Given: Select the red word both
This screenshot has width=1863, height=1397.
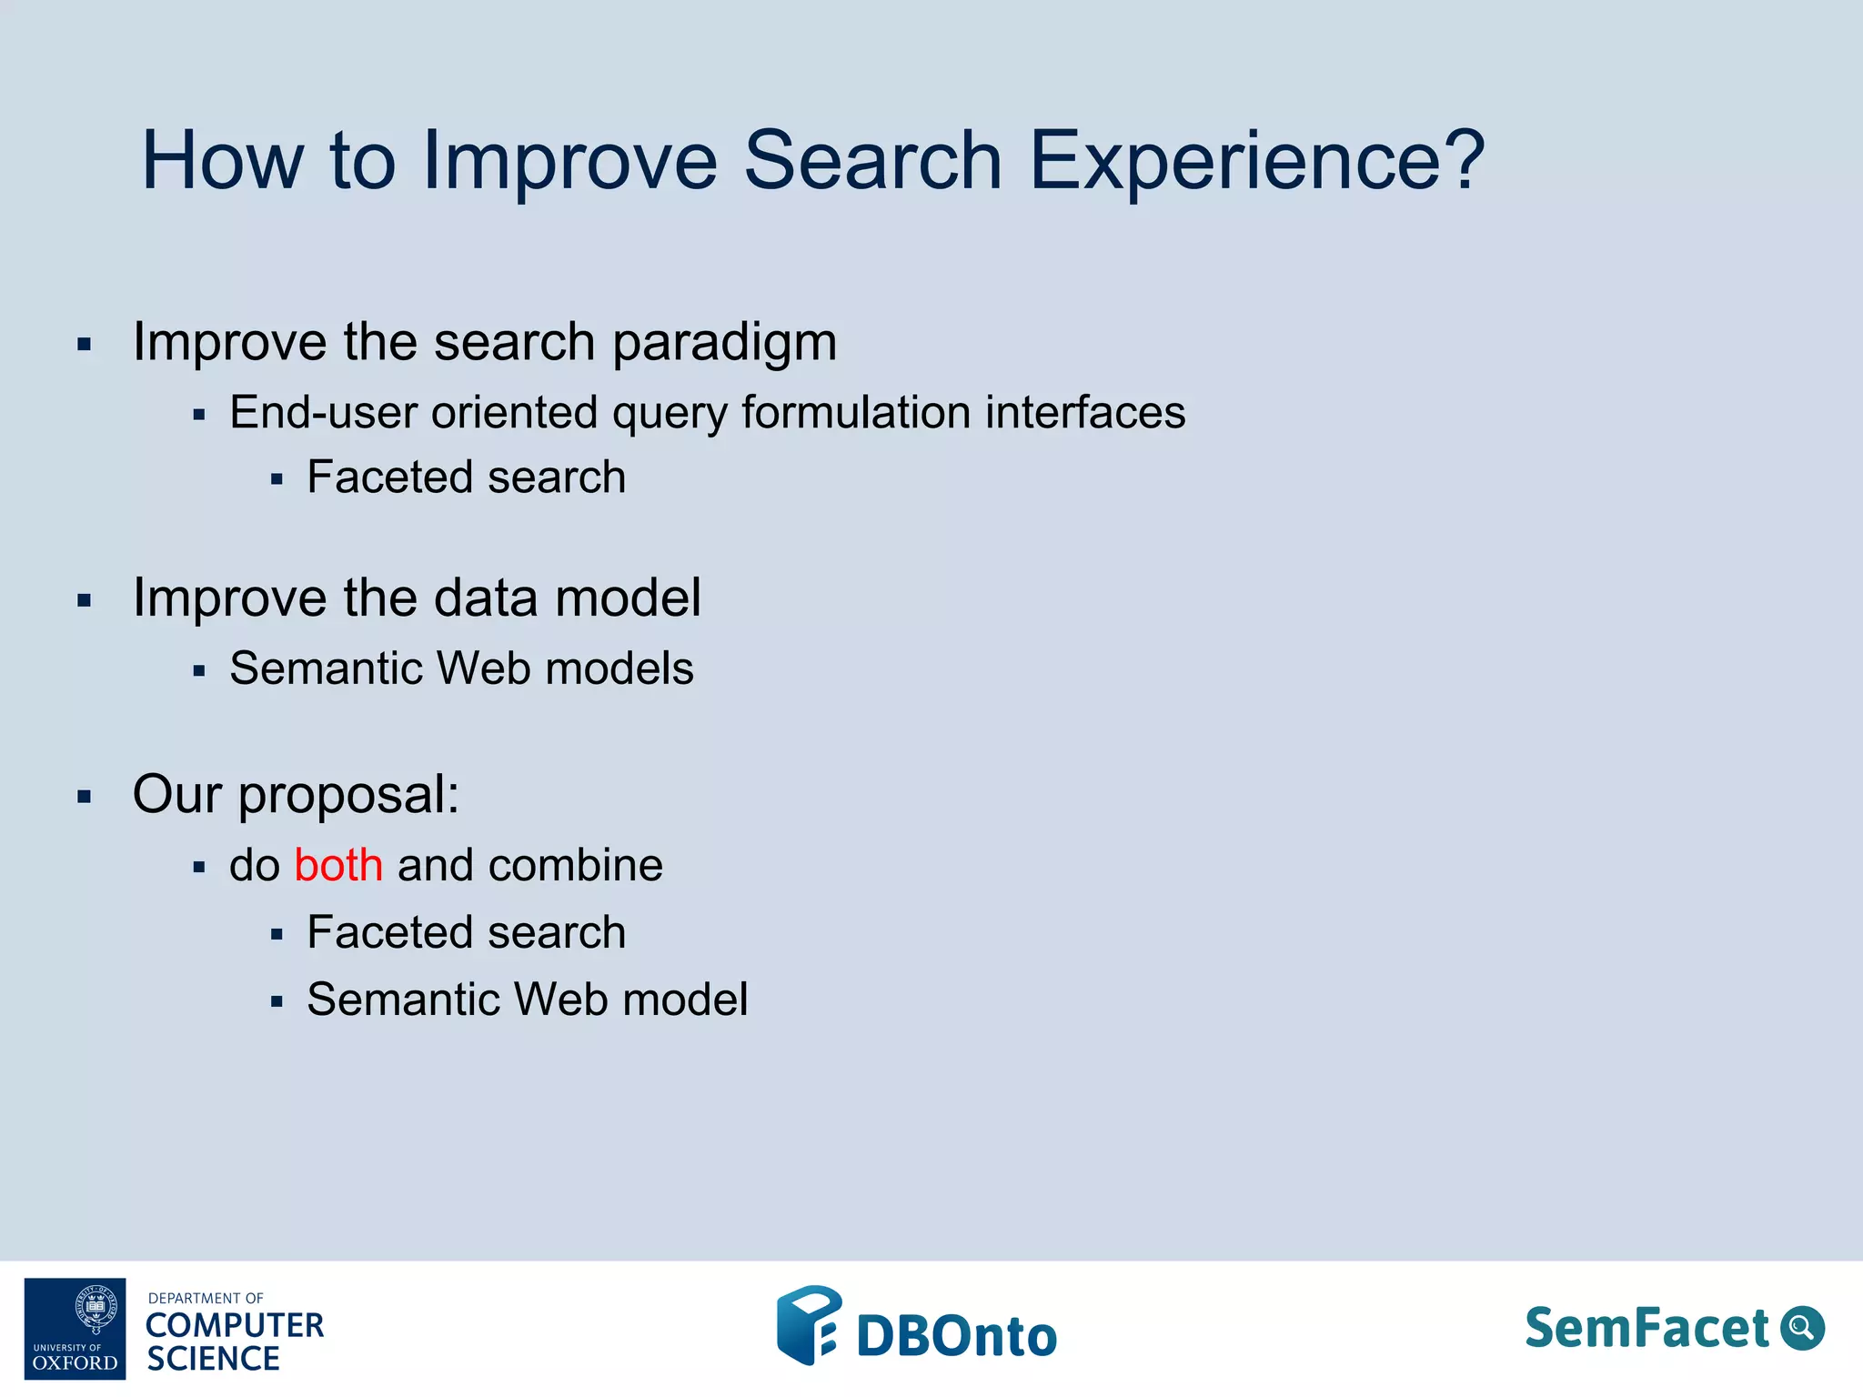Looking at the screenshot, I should click(x=338, y=865).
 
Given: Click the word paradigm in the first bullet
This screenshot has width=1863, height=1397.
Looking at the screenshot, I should click(x=724, y=344).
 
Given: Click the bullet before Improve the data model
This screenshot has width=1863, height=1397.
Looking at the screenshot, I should click(x=85, y=600).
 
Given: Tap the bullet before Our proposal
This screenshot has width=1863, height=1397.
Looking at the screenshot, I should click(x=85, y=798).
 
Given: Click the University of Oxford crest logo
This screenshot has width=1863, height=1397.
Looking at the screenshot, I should click(x=76, y=1328).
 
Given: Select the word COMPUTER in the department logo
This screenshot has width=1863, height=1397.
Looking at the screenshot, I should click(x=235, y=1326).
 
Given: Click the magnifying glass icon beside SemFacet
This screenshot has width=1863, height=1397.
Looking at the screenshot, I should click(x=1802, y=1328).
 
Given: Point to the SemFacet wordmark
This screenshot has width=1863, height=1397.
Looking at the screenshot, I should click(x=1646, y=1328).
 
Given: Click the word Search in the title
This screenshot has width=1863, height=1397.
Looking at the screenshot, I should click(x=873, y=162).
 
